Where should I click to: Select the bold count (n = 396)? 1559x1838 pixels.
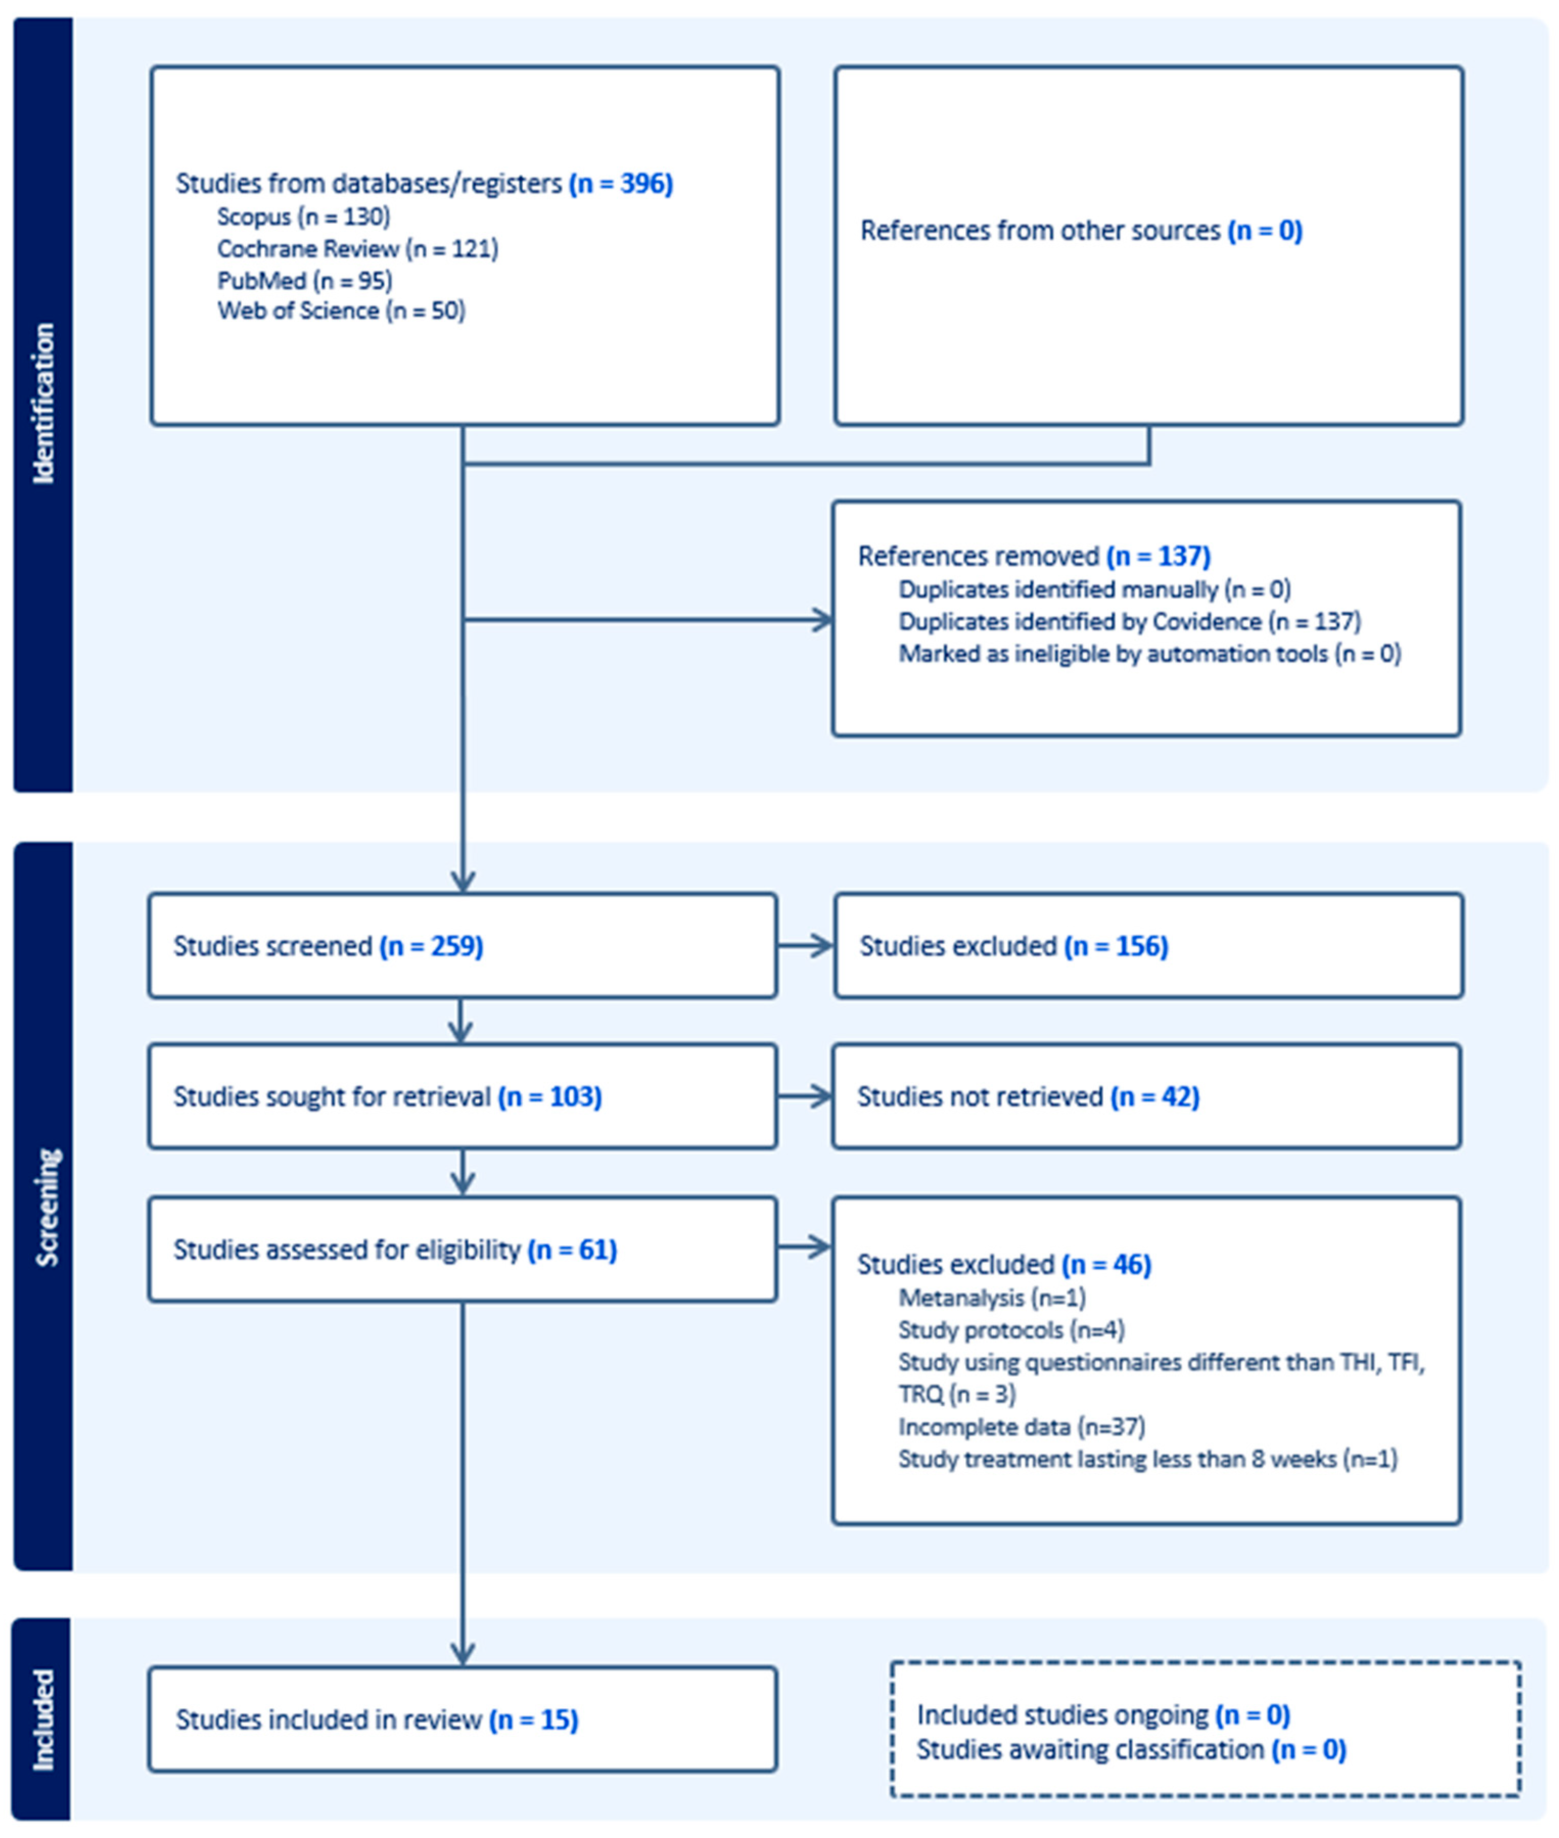620,184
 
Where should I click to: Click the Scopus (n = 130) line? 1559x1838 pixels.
303,217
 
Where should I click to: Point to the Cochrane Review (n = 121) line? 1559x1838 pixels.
357,248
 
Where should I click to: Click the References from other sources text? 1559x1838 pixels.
1039,230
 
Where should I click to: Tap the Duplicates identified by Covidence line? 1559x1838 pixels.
1129,621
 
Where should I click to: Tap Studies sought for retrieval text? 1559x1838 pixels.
332,1097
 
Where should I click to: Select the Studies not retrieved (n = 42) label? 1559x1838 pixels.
1028,1097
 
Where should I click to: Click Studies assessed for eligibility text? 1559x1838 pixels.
346,1249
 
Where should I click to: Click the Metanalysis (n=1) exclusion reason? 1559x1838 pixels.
992,1297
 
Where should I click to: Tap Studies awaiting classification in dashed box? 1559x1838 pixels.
1090,1750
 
